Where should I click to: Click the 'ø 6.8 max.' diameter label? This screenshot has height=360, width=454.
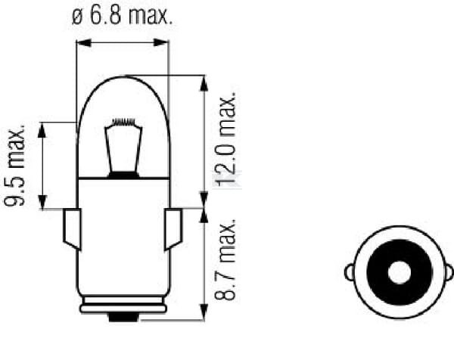point(123,16)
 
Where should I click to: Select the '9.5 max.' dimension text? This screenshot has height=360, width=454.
point(21,166)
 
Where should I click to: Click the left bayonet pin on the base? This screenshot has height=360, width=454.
point(72,228)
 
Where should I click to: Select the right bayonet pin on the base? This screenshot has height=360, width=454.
point(173,228)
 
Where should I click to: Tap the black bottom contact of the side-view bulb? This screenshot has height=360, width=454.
point(123,316)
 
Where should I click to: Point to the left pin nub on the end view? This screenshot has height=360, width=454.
point(349,271)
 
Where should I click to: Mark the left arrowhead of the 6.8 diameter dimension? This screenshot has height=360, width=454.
point(82,42)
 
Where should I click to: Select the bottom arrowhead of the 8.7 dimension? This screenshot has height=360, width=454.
point(202,315)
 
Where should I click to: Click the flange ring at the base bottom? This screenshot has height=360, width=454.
point(123,307)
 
